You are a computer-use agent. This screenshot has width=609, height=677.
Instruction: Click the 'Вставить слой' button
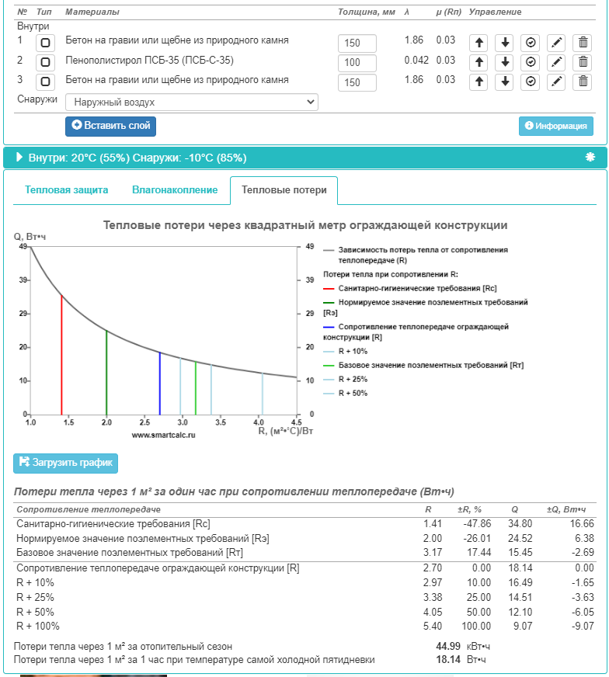[x=110, y=126]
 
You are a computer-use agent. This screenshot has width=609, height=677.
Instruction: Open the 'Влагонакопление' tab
[x=175, y=190]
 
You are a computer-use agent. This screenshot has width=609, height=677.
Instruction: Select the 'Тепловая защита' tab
[x=67, y=190]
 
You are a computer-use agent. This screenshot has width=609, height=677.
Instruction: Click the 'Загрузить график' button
[x=65, y=463]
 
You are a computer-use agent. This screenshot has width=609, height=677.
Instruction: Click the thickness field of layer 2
[x=357, y=62]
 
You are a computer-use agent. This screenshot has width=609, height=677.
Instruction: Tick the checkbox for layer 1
[x=46, y=42]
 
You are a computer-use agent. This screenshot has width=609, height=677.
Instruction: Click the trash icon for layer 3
[x=582, y=82]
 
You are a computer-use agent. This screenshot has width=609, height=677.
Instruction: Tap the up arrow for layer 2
[x=479, y=62]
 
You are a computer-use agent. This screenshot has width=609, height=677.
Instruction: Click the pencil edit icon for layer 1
[x=556, y=42]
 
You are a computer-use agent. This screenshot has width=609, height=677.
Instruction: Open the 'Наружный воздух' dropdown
[x=191, y=102]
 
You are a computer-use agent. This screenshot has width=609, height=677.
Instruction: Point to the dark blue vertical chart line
[x=160, y=384]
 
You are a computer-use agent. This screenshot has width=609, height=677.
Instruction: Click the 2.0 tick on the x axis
[x=106, y=422]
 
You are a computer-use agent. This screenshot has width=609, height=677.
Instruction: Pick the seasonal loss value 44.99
[x=448, y=646]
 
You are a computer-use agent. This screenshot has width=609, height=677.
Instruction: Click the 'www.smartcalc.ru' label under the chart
[x=163, y=436]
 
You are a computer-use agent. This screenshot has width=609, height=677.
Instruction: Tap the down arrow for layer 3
[x=505, y=82]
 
